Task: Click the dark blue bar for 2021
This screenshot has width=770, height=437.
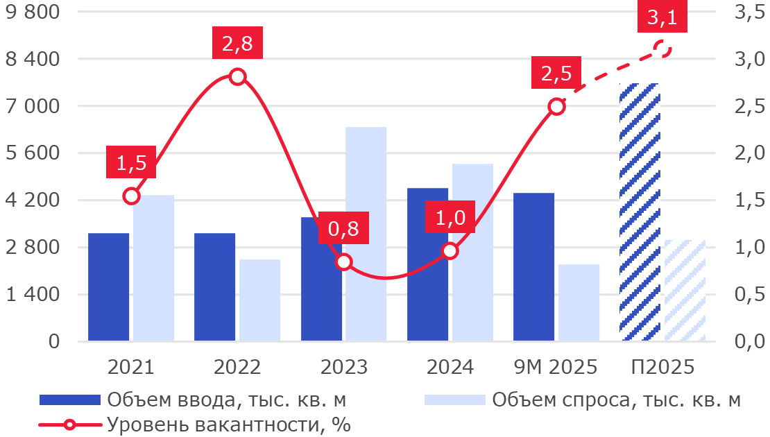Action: point(109,287)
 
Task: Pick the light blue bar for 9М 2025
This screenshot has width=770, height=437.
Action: point(579,303)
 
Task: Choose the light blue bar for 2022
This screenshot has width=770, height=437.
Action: point(260,300)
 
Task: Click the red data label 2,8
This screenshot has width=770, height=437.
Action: point(237,45)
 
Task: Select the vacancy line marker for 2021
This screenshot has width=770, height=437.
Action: point(132,196)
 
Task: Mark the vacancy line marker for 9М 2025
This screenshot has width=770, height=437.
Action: point(556,106)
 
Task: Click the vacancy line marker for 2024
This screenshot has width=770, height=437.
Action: point(450,250)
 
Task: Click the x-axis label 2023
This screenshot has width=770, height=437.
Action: point(344,367)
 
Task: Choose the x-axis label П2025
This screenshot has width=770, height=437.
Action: point(662,367)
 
